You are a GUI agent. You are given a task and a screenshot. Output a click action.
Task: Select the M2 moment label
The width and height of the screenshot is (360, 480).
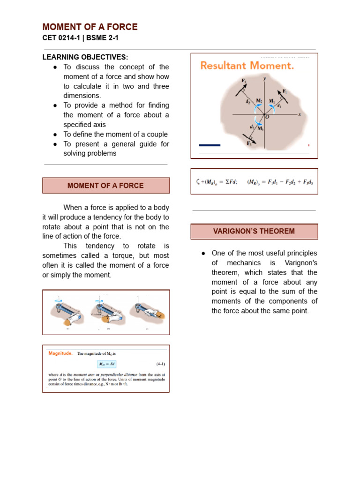point(259,101)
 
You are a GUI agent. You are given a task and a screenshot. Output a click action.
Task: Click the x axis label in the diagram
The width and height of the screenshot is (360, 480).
point(299,114)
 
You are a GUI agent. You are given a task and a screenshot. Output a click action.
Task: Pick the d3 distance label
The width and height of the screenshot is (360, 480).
point(252,127)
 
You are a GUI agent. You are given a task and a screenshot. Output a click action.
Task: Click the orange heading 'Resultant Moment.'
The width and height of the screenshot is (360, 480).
point(247,66)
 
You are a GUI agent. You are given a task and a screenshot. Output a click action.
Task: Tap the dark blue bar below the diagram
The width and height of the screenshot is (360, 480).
point(210,145)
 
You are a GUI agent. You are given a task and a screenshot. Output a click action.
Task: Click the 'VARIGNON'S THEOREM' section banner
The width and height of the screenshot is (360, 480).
point(254,231)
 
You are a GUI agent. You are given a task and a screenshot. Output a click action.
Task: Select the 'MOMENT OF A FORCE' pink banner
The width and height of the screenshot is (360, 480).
point(105,186)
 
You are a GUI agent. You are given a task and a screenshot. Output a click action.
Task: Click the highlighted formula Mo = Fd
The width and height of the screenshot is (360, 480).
point(106,364)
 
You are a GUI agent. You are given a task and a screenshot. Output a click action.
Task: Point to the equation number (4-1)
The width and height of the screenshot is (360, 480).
point(160,364)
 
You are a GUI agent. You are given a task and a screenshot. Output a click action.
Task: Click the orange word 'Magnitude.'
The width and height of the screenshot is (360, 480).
point(60,353)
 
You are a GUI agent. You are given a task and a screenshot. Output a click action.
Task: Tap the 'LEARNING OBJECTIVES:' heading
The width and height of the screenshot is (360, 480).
point(85,57)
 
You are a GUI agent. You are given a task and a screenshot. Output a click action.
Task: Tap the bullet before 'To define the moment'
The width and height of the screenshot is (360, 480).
point(55,134)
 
